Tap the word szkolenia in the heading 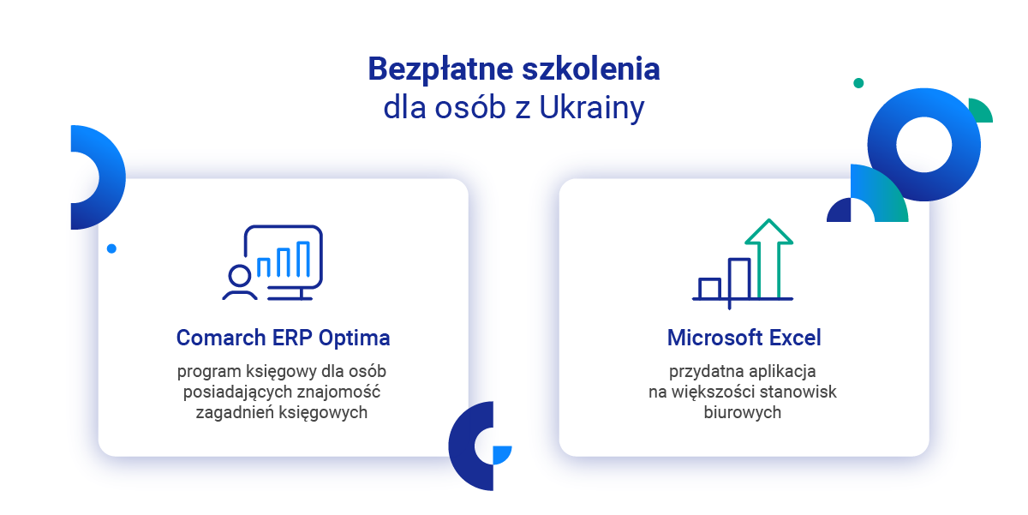[x=591, y=69]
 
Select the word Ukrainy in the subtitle [x=592, y=109]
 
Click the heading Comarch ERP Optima [x=284, y=338]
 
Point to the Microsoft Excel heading [x=744, y=338]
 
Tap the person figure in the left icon [x=240, y=282]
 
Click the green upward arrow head [x=768, y=231]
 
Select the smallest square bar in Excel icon [x=709, y=288]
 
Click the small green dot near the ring [x=858, y=83]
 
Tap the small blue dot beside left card [x=111, y=249]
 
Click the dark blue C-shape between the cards [x=462, y=446]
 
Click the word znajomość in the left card [x=338, y=392]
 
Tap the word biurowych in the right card [x=742, y=413]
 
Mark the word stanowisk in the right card [x=798, y=392]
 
